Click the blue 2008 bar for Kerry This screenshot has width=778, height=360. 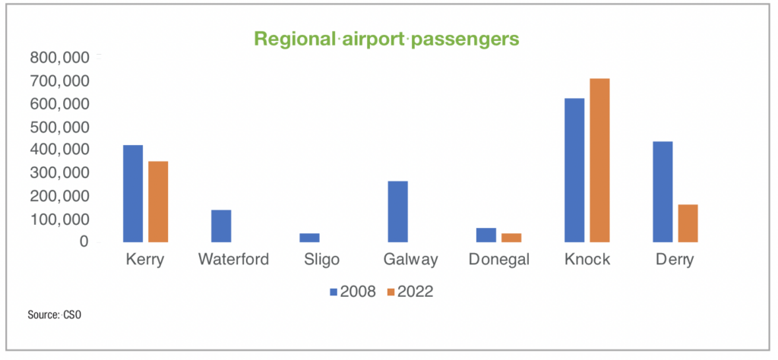click(x=132, y=194)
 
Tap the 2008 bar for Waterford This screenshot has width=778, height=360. click(x=221, y=226)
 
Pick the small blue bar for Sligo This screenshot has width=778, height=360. click(x=309, y=238)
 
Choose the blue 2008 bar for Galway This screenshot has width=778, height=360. click(x=397, y=212)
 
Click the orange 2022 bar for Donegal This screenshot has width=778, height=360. click(x=511, y=238)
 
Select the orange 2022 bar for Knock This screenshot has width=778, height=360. click(x=599, y=160)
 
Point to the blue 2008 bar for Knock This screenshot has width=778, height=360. click(x=574, y=170)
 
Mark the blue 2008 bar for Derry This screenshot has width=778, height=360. click(x=663, y=192)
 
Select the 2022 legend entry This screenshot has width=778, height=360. click(x=411, y=292)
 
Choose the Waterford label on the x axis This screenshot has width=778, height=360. click(x=233, y=260)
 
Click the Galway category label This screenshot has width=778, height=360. click(x=410, y=260)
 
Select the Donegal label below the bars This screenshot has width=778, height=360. click(x=498, y=260)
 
